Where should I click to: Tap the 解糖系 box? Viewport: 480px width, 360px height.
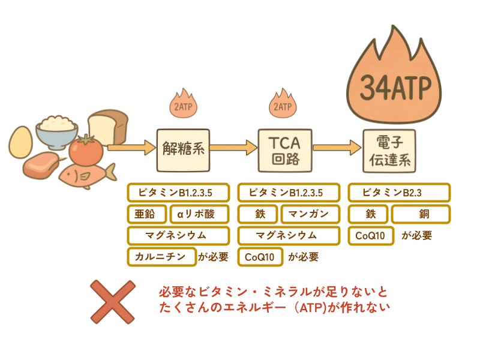[x=184, y=148]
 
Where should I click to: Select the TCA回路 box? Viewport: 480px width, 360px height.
[x=285, y=148]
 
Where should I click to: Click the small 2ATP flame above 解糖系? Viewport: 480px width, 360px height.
[x=182, y=104]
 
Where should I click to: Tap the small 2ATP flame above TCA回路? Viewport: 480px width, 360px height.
[x=283, y=104]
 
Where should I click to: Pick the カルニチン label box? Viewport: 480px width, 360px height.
[x=161, y=257]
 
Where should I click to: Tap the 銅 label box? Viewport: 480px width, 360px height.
[x=421, y=214]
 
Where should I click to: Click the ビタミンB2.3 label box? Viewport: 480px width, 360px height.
[x=399, y=193]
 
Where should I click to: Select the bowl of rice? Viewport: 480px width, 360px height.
[x=57, y=129]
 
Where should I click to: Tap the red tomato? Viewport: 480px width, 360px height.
[x=86, y=150]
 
